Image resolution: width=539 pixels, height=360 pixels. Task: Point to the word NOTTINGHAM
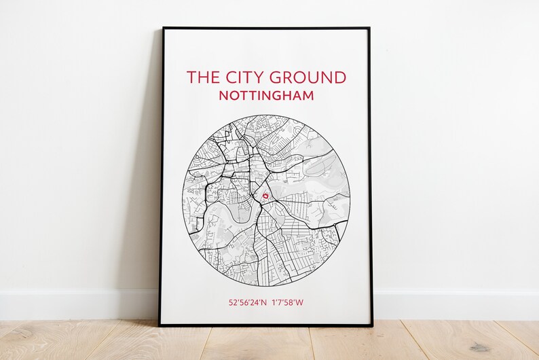266,96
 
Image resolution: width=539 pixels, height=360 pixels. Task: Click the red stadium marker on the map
265,195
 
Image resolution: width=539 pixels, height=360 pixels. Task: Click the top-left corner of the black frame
164,29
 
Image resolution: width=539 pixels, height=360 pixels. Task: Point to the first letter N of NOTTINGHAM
224,96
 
